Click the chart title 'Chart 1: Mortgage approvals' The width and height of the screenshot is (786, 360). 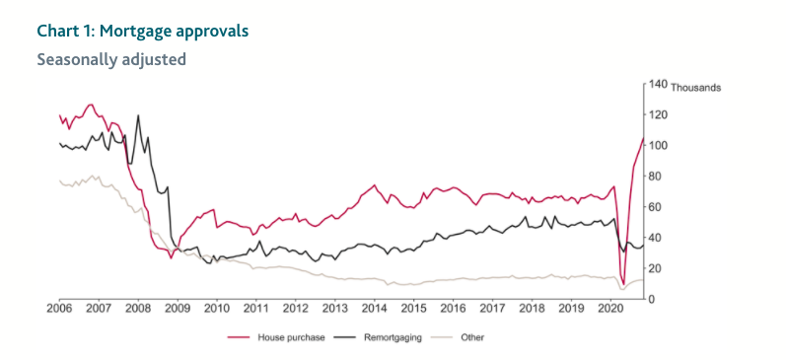(x=143, y=31)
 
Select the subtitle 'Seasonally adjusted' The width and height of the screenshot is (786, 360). (x=111, y=59)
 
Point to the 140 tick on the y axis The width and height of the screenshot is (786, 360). (x=657, y=86)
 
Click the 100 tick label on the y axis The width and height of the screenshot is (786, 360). (x=657, y=146)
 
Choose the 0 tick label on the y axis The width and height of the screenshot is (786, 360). (x=652, y=299)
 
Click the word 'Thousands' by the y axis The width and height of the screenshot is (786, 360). (x=695, y=87)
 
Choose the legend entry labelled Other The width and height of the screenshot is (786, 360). (x=472, y=337)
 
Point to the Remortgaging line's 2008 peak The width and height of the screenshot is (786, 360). (x=137, y=115)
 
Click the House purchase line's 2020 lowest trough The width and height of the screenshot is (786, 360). (x=623, y=285)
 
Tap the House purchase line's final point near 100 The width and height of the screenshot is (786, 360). (x=643, y=139)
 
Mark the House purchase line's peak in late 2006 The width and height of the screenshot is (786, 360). (x=91, y=104)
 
